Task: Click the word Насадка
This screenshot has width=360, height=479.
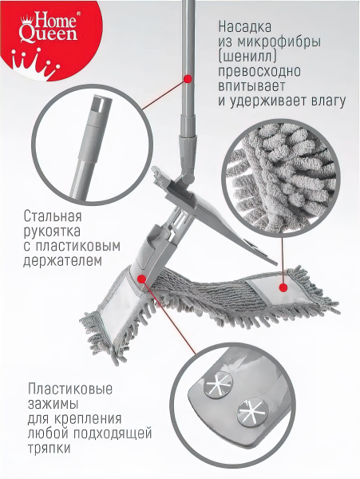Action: [249, 23]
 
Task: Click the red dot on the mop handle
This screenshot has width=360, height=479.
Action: [188, 78]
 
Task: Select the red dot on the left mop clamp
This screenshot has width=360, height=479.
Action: [142, 278]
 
